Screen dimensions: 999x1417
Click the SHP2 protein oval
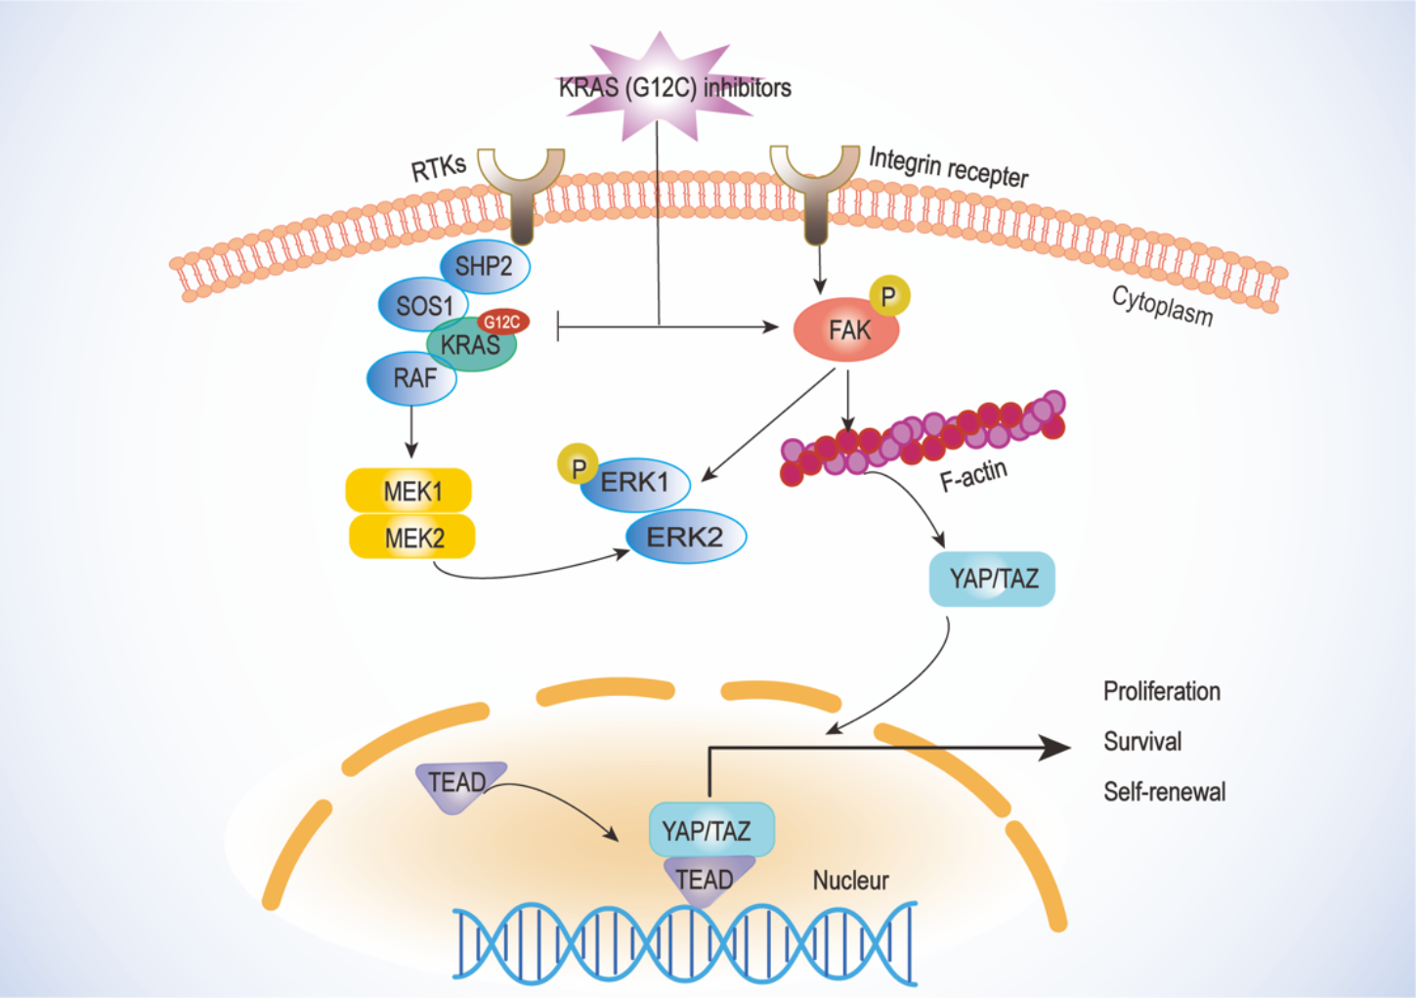(484, 266)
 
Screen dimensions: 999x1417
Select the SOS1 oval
(424, 306)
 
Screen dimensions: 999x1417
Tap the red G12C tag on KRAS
(502, 322)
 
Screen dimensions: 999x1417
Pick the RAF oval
(413, 378)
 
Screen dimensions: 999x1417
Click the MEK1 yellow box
(410, 491)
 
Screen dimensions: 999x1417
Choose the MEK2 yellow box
(412, 538)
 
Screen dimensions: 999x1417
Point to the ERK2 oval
(686, 537)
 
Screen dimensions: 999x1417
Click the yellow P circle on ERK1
(578, 467)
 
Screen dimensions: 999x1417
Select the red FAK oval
(847, 331)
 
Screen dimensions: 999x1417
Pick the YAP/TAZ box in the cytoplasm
(992, 579)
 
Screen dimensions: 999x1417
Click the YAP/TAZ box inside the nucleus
(710, 830)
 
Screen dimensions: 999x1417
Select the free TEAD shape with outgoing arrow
(457, 784)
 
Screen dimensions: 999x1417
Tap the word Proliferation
(1162, 691)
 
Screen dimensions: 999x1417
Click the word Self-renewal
(1164, 792)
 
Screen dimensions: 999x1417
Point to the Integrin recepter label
(948, 167)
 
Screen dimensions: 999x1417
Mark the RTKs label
(439, 167)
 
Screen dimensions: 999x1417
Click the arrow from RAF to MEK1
(411, 431)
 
